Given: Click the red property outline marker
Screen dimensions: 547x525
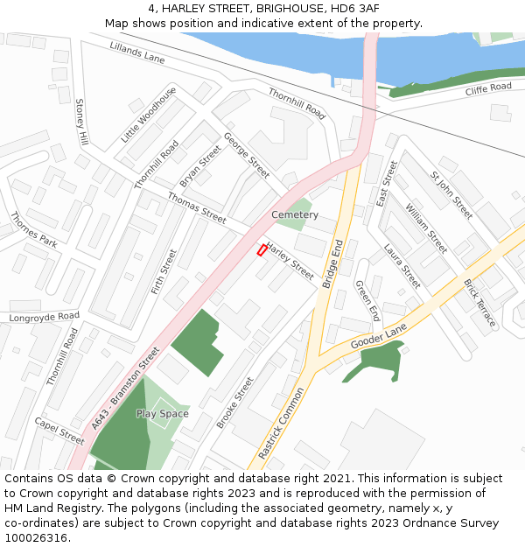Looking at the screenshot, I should click(x=262, y=250).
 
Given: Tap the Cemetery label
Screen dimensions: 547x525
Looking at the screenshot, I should click(x=295, y=214).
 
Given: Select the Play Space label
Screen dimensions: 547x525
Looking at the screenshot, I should click(x=162, y=413).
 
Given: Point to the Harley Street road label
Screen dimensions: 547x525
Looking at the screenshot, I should click(x=290, y=261).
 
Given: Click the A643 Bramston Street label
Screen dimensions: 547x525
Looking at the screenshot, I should click(x=126, y=388).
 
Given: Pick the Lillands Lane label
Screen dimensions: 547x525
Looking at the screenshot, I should click(x=137, y=53).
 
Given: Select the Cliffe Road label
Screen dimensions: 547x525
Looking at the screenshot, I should click(x=488, y=89).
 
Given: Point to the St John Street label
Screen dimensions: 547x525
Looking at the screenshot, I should click(x=451, y=195).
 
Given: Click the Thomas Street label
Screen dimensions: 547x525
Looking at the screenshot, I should click(x=197, y=207).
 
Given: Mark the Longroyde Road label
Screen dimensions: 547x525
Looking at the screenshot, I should click(x=44, y=316).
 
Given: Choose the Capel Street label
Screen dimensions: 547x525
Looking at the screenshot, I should click(x=59, y=431).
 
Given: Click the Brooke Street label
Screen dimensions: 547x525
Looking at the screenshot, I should click(x=234, y=403).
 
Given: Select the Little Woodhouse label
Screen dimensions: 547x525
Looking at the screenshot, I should click(x=148, y=115).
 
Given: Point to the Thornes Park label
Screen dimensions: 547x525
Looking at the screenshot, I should click(x=33, y=230).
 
